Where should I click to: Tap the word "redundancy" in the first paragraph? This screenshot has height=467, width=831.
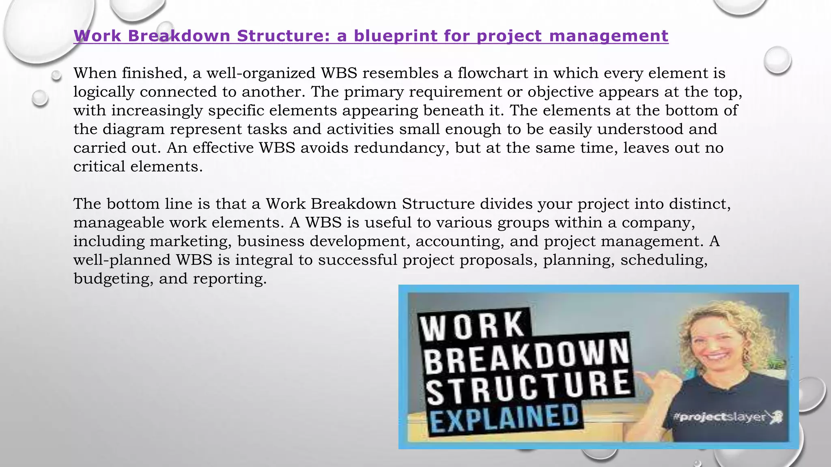pyautogui.click(x=401, y=148)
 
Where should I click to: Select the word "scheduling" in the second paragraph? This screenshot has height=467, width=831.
pyautogui.click(x=664, y=260)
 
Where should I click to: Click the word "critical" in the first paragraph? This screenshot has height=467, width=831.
pyautogui.click(x=99, y=167)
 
